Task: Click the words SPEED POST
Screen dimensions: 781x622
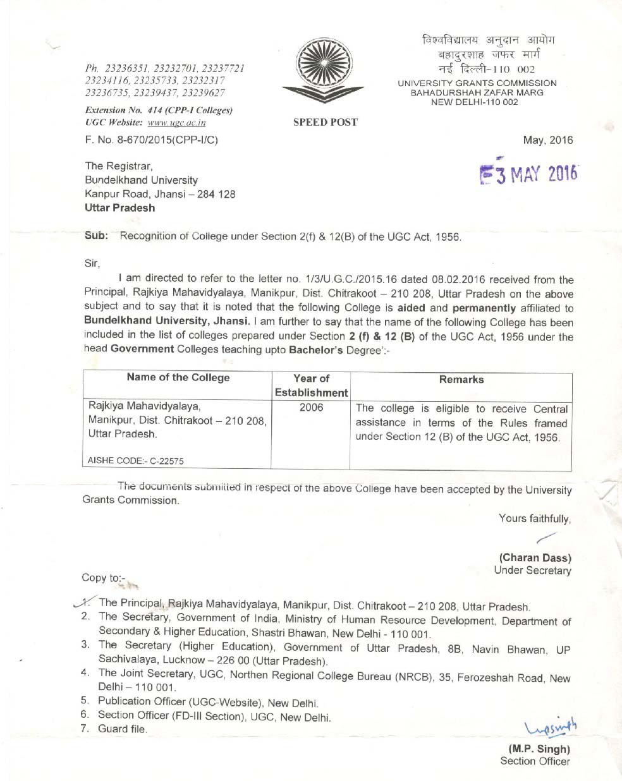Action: pos(325,123)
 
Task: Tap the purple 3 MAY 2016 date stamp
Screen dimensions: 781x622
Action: pos(530,174)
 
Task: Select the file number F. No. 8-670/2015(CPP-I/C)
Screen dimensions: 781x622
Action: pos(151,140)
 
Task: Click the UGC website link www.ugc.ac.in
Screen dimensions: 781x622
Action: pos(176,123)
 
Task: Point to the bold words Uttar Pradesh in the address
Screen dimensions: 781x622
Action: pos(119,208)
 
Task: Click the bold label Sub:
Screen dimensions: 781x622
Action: pos(96,236)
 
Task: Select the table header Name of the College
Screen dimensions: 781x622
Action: pos(178,378)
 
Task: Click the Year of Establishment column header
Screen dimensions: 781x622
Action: pos(311,385)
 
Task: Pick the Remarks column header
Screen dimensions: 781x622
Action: pos(461,380)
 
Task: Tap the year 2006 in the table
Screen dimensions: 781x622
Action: pos(311,408)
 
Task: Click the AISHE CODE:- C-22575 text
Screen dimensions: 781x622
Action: pos(136,461)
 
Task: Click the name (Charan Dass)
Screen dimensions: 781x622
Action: pos(535,558)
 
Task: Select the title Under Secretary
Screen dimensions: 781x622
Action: pos(532,571)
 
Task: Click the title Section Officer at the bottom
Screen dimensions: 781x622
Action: pos(535,761)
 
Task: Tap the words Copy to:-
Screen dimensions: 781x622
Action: pos(104,578)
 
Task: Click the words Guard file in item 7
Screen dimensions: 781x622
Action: pos(122,729)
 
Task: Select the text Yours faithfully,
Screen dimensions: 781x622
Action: pos(534,519)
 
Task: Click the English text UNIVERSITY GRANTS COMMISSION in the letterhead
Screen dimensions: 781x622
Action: pos(477,83)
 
